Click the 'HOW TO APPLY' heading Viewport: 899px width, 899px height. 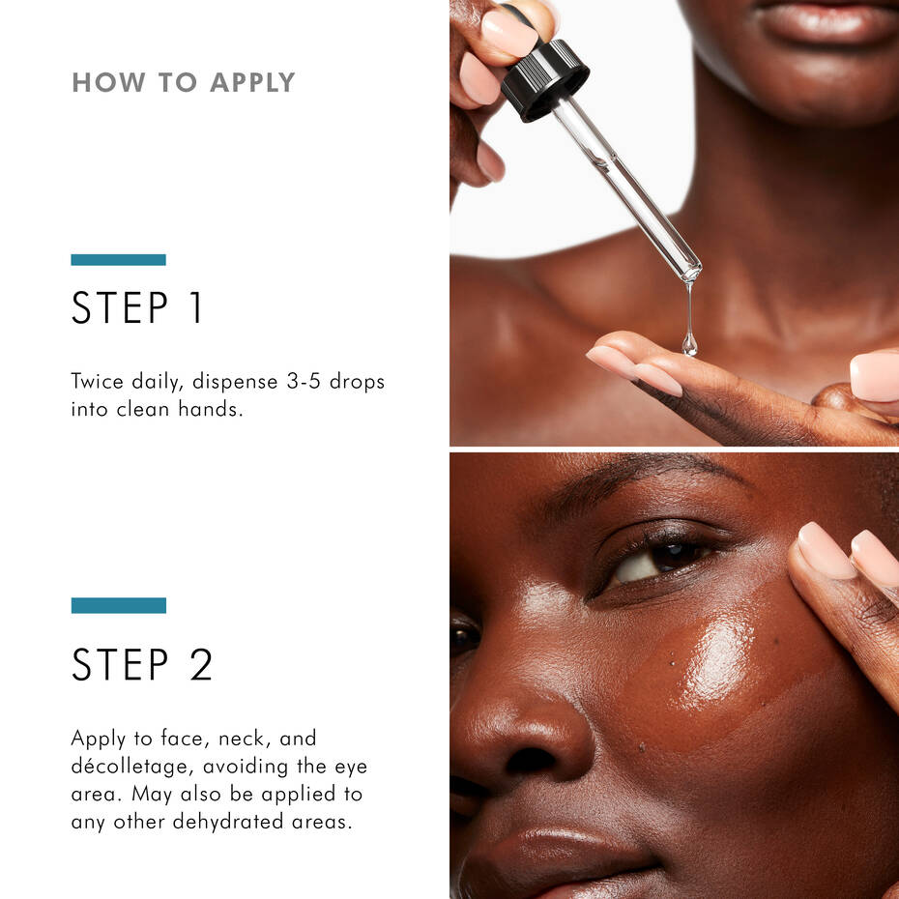tap(183, 82)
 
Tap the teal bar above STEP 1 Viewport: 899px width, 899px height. tap(118, 259)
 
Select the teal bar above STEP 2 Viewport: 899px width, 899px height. tap(118, 605)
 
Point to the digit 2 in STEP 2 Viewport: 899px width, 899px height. tap(200, 664)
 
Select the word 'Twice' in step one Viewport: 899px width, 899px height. tap(98, 381)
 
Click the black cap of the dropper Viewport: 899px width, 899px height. tap(544, 79)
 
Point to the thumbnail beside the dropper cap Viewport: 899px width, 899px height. tap(509, 34)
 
